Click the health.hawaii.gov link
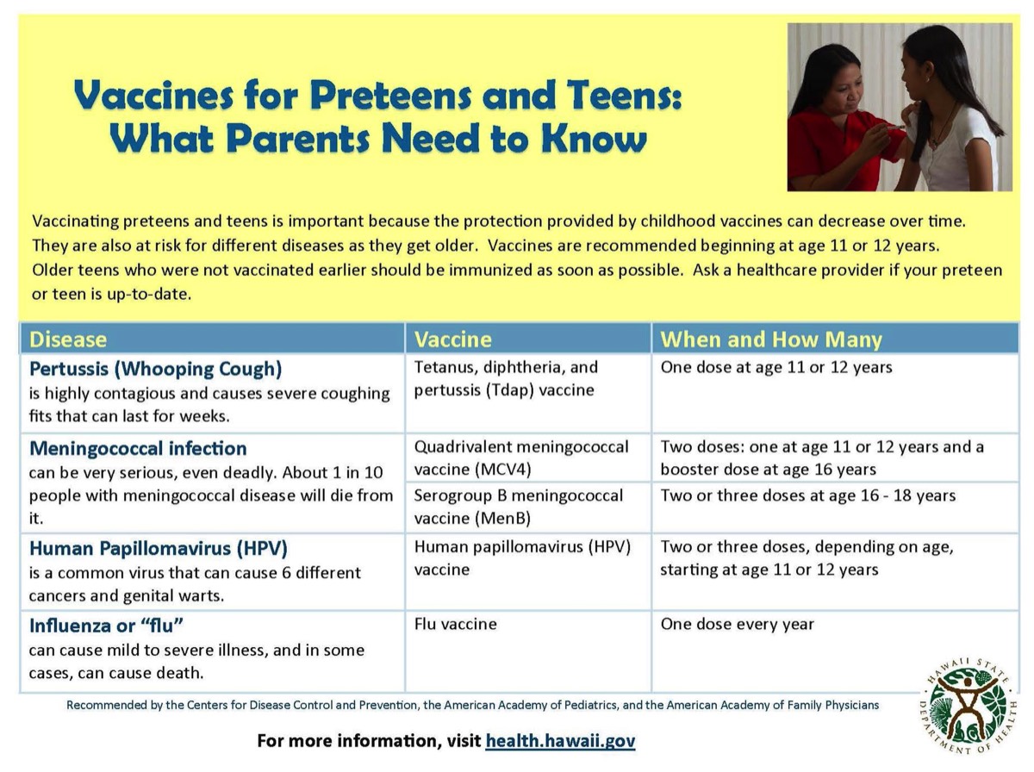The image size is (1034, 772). pos(560,741)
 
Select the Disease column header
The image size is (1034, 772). pos(68,339)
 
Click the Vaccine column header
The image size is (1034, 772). pos(453,339)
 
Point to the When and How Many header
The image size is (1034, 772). pos(771,339)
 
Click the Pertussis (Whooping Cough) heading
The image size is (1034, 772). pos(156,370)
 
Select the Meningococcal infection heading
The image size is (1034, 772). pos(138,449)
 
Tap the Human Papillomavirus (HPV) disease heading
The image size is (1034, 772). pos(159,549)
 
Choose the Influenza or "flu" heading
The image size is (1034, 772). pos(108,626)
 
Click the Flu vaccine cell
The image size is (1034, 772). pos(456,624)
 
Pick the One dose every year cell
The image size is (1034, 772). pos(737,624)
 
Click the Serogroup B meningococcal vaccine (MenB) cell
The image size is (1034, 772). pos(519,507)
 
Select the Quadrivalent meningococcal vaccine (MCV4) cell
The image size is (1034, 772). pos(521,458)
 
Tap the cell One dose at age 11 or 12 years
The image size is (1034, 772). pos(776,368)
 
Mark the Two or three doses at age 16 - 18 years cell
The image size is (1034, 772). pos(808,495)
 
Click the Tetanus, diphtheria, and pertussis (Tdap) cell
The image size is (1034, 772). pos(506,378)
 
